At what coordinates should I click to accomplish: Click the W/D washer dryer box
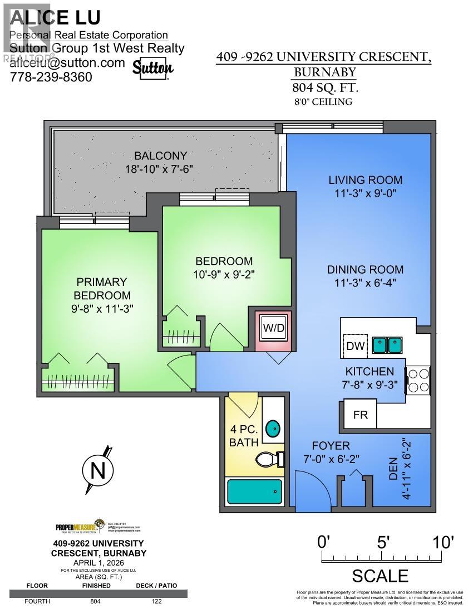click(273, 328)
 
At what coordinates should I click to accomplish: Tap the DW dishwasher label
click(354, 346)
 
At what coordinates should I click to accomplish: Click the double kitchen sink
click(387, 346)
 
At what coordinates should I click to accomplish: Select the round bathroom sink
click(273, 429)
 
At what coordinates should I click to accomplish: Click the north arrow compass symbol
click(98, 471)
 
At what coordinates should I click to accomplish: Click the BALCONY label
click(160, 155)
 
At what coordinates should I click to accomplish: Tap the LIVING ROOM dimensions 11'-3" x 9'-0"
click(365, 193)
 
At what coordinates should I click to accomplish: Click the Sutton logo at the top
click(153, 68)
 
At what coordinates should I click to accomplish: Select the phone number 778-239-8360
click(51, 77)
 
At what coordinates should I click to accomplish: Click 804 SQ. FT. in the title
click(326, 87)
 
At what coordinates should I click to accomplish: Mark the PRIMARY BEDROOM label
click(102, 289)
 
